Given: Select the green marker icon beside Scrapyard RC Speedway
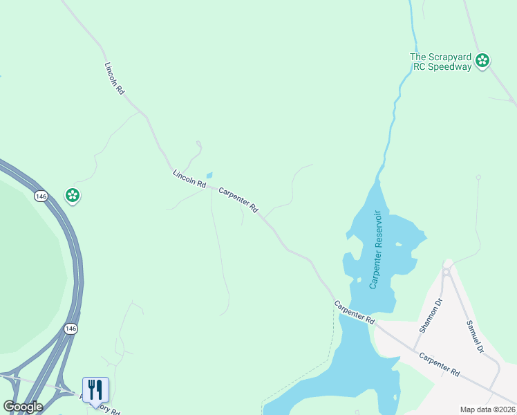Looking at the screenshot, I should pos(482,61).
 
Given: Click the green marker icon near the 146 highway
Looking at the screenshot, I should pos(72,196).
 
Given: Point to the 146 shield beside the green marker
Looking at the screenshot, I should pos(42,196).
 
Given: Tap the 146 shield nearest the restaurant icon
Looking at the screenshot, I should pos(71,328).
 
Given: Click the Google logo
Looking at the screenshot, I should pos(22,406).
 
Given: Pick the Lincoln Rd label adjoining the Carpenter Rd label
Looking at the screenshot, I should pos(189,181).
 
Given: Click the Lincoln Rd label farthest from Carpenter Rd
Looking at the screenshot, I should pos(114,78).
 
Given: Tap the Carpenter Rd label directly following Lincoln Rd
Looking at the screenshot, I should pos(238,199).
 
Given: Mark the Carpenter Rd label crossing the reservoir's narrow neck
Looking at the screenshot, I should pos(354,313).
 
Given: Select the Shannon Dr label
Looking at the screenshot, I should pos(429,315).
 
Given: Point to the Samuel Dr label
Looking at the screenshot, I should pos(474,337).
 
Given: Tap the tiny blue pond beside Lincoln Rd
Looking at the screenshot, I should pos(209,175).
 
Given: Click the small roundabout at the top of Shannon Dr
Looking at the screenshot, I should pos(446,272).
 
